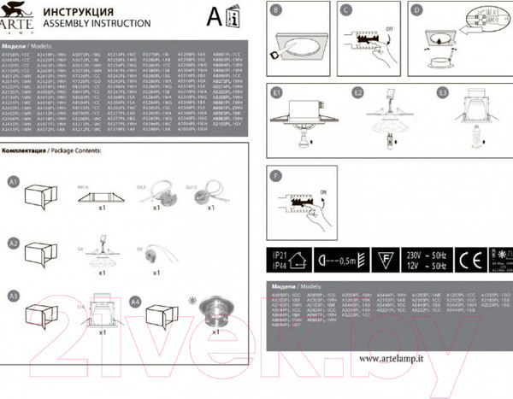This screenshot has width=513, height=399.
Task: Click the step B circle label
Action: pyautogui.click(x=275, y=13)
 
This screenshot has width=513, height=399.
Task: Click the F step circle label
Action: pyautogui.click(x=275, y=177)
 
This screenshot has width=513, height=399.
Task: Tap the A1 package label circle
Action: pyautogui.click(x=13, y=182)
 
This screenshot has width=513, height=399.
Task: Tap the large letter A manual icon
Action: pyautogui.click(x=218, y=16)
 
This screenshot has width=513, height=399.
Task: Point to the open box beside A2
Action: pyautogui.click(x=38, y=254)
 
